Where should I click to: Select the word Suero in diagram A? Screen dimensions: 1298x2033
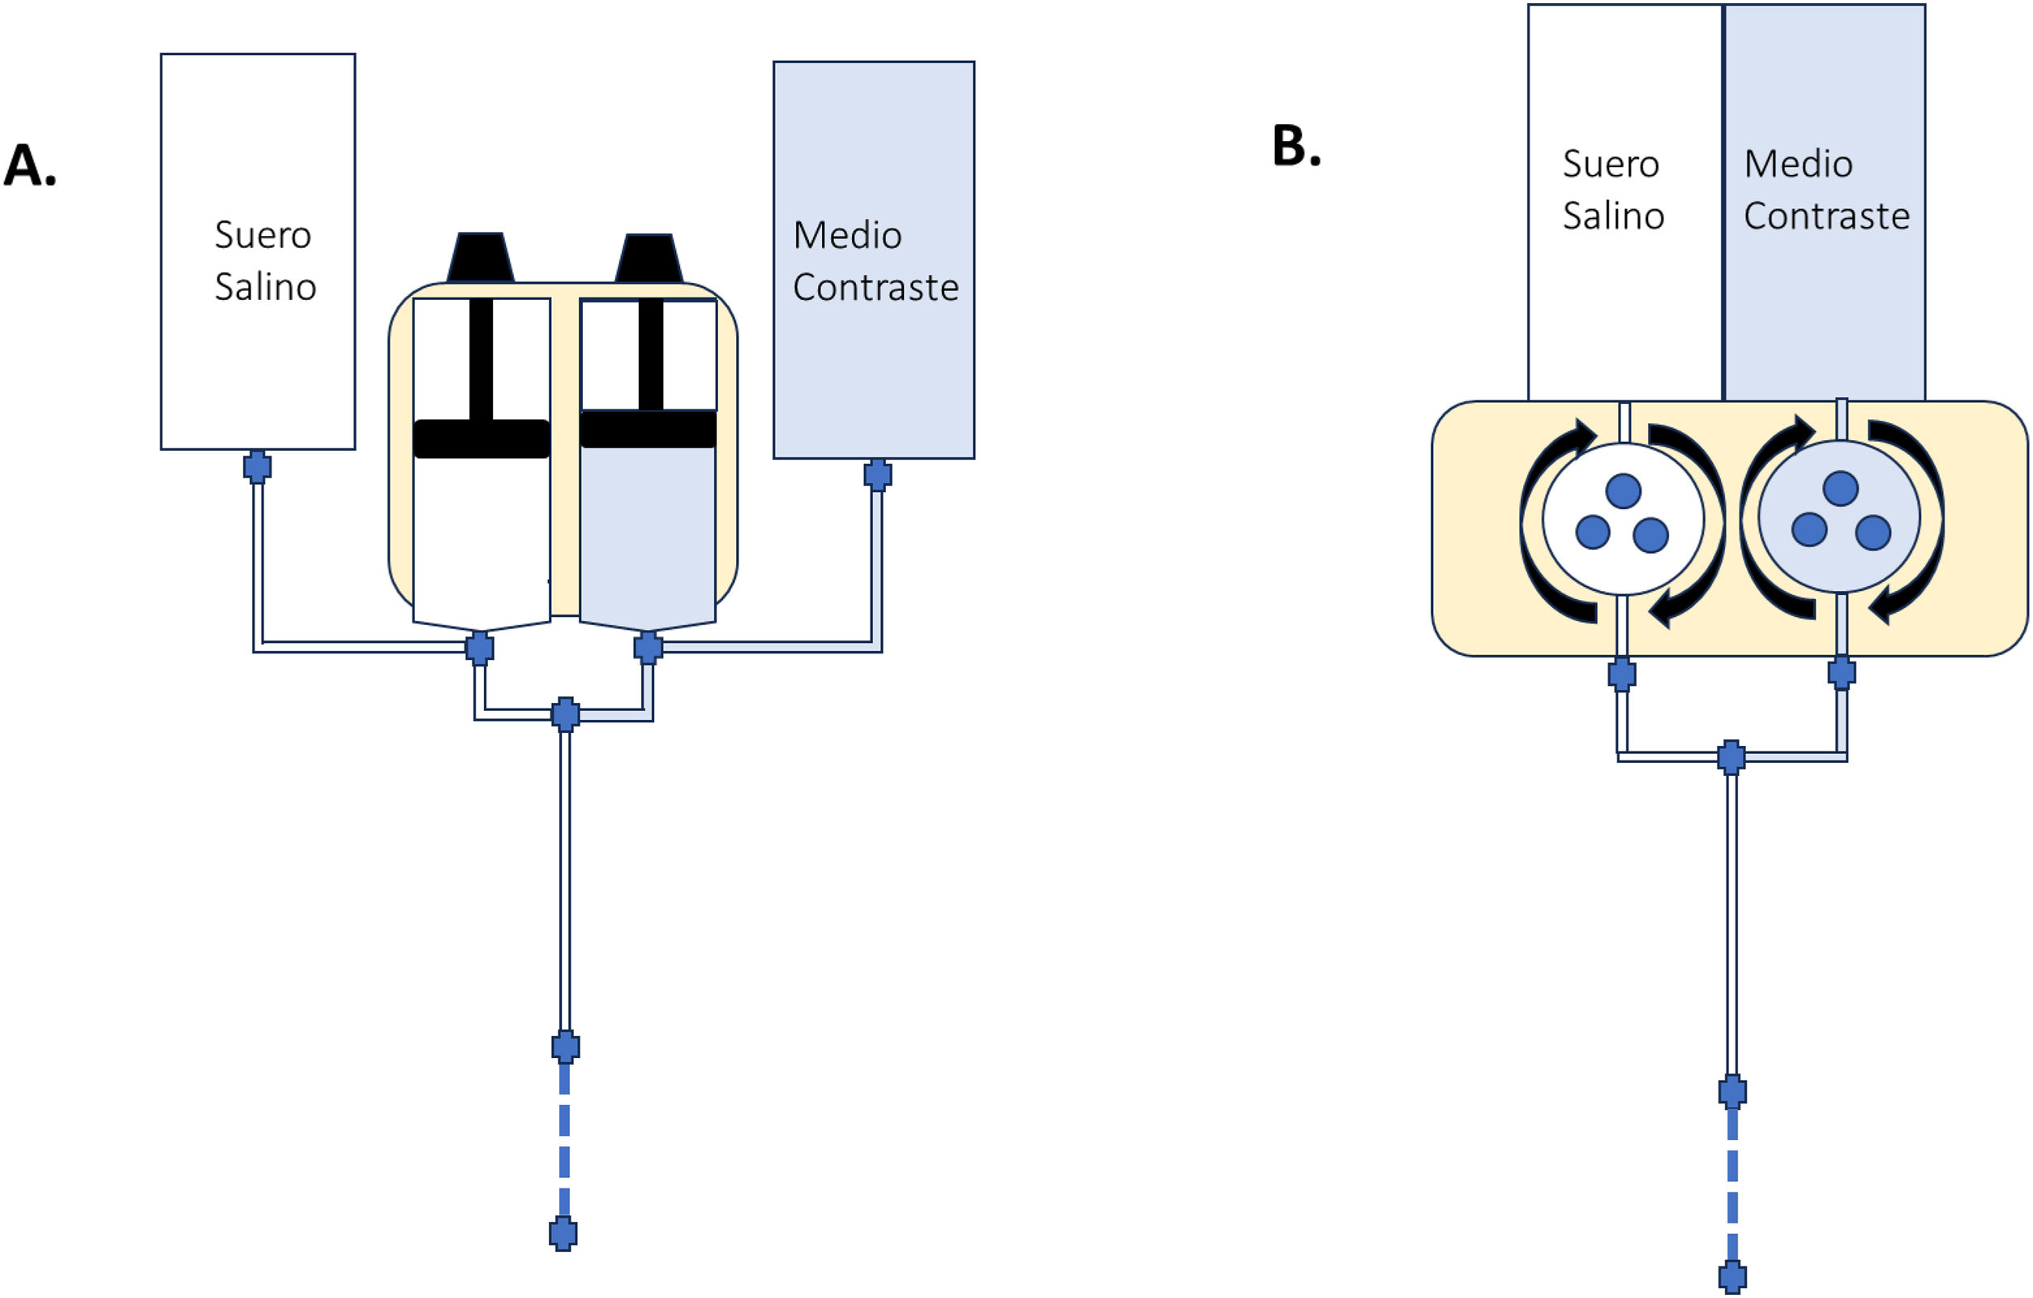point(263,235)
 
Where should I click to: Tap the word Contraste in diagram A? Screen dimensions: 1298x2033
point(875,287)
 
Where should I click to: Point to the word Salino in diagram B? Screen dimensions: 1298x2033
point(1612,216)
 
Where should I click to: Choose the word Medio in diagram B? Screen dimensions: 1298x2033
point(1798,164)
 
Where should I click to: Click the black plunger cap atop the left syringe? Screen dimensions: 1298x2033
point(481,257)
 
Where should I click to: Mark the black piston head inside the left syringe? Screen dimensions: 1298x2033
point(481,439)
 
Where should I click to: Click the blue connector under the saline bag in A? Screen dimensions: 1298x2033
point(258,466)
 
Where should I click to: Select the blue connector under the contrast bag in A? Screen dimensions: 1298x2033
point(878,474)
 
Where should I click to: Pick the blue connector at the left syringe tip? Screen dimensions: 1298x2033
point(480,648)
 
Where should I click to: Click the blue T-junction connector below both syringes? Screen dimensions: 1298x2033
point(566,714)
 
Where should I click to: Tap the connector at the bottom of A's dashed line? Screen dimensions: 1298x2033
point(563,1234)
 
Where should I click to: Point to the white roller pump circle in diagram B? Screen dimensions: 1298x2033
point(1622,520)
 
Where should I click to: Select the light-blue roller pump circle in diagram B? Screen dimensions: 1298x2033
point(1839,516)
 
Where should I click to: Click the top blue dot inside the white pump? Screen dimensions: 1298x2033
point(1623,490)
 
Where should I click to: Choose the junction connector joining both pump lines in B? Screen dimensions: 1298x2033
point(1731,756)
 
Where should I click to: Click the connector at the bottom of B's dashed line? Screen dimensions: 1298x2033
point(1732,1276)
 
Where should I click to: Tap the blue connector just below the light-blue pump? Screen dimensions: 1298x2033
point(1842,673)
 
